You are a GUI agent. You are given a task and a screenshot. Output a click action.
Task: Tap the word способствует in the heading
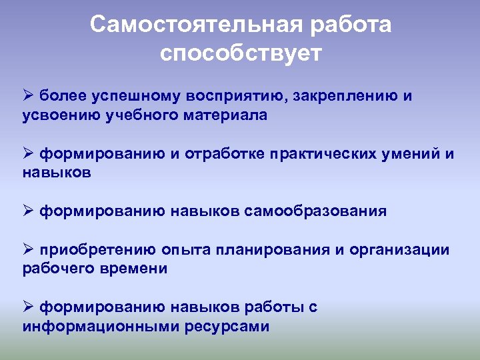pos(240,53)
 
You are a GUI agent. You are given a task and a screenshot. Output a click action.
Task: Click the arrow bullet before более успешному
pos(28,96)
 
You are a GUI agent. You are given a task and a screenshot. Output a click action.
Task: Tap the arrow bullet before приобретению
pos(28,249)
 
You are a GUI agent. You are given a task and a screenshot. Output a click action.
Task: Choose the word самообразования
pos(315,211)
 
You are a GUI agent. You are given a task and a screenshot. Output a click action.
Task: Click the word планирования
pos(272,250)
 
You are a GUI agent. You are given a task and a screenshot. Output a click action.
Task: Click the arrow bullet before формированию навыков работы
pos(28,307)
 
